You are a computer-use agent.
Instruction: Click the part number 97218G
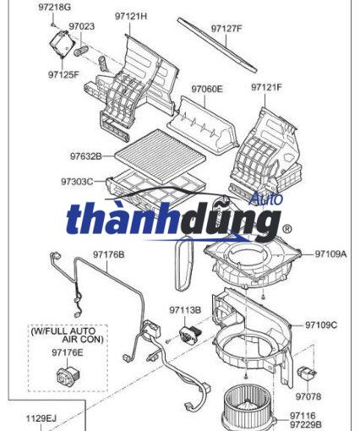point(55,8)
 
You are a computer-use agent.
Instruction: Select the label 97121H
point(131,16)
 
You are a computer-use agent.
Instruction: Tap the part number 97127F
point(226,29)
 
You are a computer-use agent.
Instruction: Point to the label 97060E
point(207,89)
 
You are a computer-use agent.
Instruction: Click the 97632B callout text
point(86,156)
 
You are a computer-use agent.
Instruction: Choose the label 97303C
point(77,182)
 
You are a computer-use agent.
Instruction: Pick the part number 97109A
point(330,254)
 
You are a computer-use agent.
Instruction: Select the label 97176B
point(109,254)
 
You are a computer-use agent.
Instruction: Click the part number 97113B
point(185,310)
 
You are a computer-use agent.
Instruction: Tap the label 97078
point(308,396)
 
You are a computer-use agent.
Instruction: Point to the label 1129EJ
point(41,418)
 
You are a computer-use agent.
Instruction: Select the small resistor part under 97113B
point(190,333)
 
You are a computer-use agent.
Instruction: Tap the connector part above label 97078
point(307,373)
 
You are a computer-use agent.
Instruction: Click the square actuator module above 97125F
point(63,43)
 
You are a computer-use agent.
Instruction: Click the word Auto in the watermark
point(266,199)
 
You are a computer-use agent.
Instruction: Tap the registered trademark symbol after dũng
point(286,229)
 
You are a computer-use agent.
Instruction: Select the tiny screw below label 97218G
point(53,25)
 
